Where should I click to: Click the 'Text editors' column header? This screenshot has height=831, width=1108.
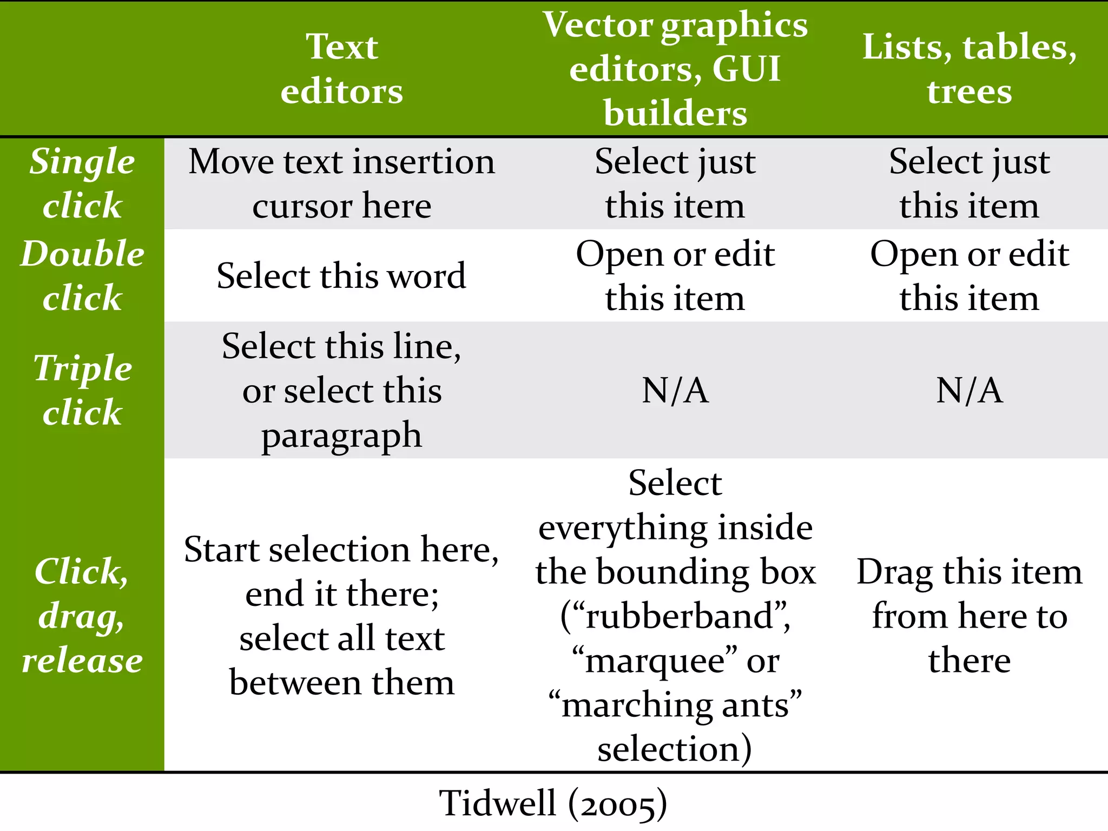342,69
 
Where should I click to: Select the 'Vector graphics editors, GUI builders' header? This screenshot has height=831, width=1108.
675,69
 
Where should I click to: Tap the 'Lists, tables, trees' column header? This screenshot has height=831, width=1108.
969,69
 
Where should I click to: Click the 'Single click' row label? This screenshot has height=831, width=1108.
82,183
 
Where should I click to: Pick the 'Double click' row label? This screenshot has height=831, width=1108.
82,276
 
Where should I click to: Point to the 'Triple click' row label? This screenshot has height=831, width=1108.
82,390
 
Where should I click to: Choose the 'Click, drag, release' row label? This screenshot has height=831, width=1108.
82,616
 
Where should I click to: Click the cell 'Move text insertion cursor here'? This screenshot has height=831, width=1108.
342,183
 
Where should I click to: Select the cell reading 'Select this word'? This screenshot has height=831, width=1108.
342,276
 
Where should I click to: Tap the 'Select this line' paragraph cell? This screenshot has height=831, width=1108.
342,390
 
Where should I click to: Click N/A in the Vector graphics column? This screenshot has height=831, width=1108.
675,390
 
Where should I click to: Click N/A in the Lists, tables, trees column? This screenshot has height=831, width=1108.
969,390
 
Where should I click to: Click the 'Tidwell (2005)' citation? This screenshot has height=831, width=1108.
553,803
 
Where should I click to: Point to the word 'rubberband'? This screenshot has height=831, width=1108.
681,617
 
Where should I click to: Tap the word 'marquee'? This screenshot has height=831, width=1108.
655,661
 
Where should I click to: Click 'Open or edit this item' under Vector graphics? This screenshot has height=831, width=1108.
675,276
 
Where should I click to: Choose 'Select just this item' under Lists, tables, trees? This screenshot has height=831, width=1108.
969,183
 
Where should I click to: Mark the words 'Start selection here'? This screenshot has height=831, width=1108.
341,550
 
